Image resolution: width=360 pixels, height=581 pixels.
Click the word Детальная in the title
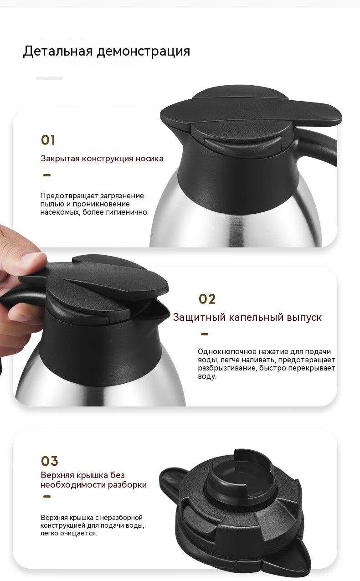click(57, 51)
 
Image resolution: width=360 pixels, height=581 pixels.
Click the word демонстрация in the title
click(144, 51)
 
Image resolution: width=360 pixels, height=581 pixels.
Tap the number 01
click(48, 140)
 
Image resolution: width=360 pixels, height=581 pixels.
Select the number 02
click(207, 299)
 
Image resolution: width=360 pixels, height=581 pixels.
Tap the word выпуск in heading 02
click(304, 318)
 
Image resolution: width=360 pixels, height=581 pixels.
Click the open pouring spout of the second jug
click(159, 310)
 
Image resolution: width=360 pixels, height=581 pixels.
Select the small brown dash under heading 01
click(47, 175)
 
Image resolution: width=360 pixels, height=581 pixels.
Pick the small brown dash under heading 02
click(205, 334)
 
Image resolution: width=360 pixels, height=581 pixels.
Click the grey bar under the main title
click(49, 78)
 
